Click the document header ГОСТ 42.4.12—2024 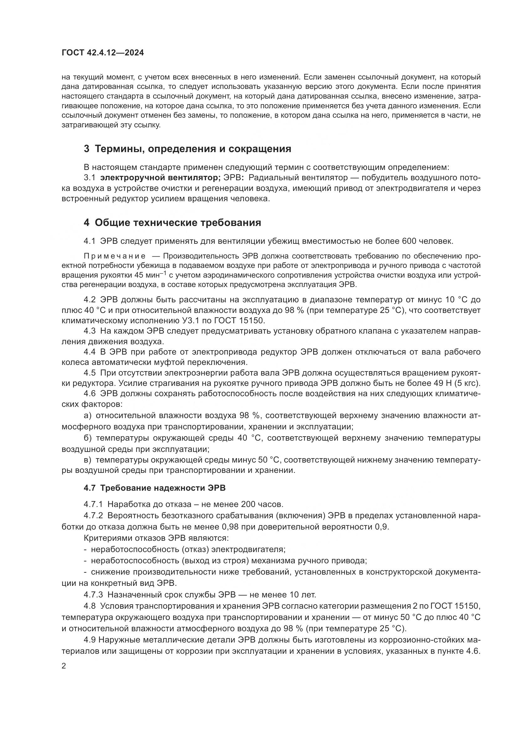pos(103,53)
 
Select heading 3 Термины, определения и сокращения pos(187,149)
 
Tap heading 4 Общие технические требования pos(172,223)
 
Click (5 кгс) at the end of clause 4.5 pos(467,383)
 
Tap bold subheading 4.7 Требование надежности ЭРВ pos(154,488)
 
